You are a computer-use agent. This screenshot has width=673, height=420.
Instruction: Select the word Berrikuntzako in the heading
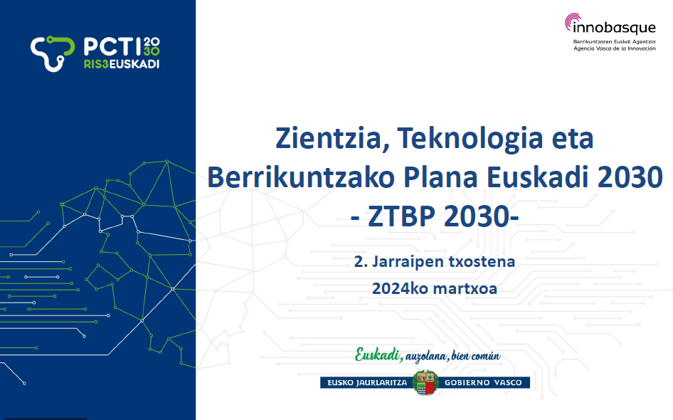(x=301, y=177)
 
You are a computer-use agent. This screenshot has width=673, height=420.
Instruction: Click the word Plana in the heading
(x=441, y=177)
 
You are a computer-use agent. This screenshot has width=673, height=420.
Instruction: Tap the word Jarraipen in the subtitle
(x=408, y=262)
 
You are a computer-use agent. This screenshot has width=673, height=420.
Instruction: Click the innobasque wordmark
(x=614, y=28)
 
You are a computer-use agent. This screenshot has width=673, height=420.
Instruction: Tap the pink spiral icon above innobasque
(x=573, y=21)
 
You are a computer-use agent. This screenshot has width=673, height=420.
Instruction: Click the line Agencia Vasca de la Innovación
(x=615, y=48)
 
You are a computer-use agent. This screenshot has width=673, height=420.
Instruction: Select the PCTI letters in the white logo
(x=112, y=46)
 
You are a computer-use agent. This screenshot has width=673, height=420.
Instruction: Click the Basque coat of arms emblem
(x=425, y=382)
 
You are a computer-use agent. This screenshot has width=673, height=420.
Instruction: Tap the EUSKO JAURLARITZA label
(x=367, y=383)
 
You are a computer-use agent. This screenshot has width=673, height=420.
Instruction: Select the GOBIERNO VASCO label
(x=483, y=383)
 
